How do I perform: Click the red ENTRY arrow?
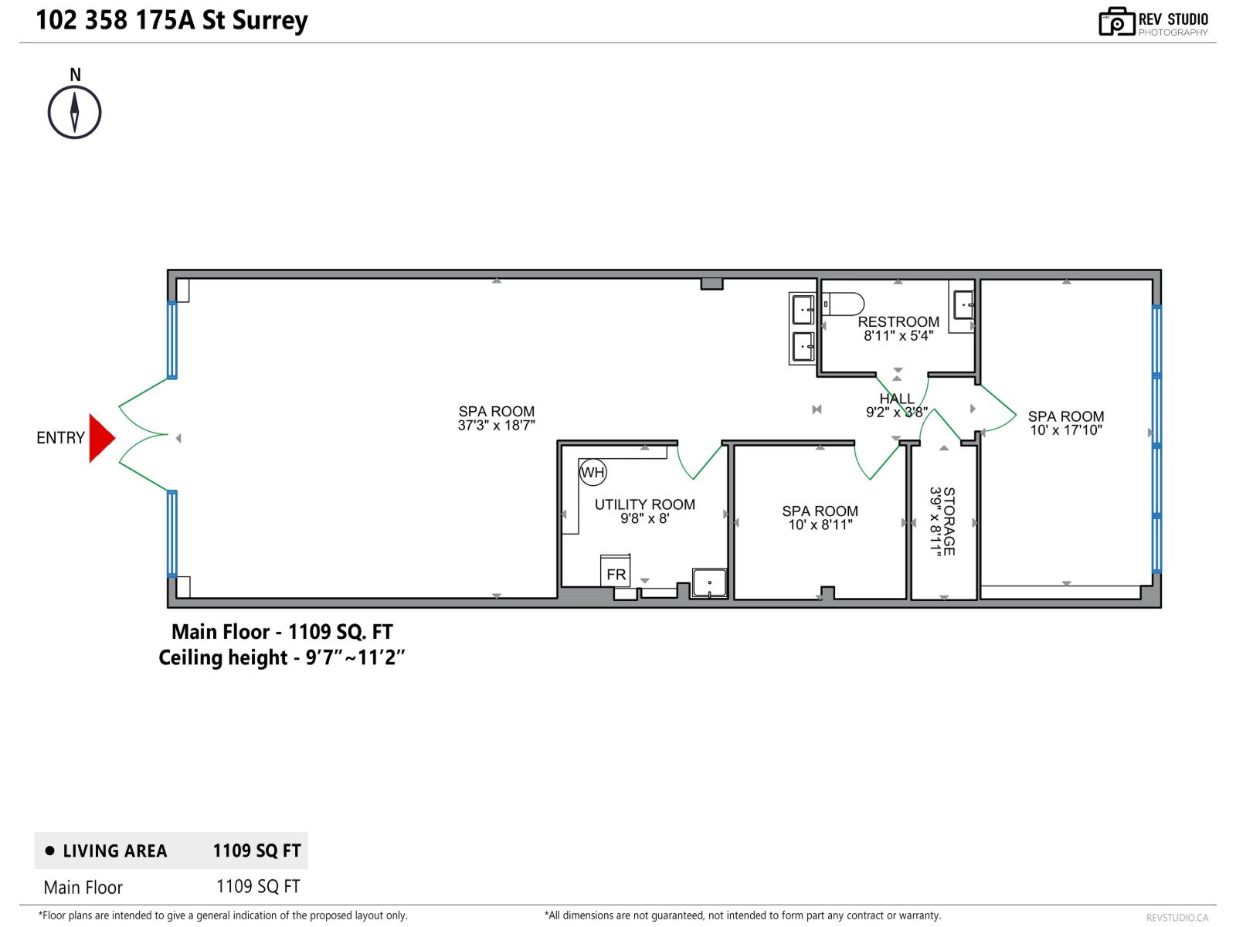(100, 438)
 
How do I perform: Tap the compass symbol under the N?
(75, 112)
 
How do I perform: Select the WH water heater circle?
(593, 472)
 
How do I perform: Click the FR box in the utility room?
(616, 572)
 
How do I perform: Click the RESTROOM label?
(898, 321)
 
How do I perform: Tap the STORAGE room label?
(949, 521)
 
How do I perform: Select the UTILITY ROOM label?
(644, 504)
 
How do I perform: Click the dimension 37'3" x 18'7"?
(496, 425)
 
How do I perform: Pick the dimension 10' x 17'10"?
(1065, 430)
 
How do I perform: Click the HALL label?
(896, 399)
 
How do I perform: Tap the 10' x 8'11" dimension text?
(820, 525)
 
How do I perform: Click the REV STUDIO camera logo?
(1116, 22)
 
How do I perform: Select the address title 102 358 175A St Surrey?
(171, 20)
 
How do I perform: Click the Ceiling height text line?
(281, 657)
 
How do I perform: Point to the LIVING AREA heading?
(114, 851)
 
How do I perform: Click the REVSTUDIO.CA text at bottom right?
(1177, 917)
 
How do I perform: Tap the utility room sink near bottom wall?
(709, 582)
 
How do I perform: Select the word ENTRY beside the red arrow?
(60, 438)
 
